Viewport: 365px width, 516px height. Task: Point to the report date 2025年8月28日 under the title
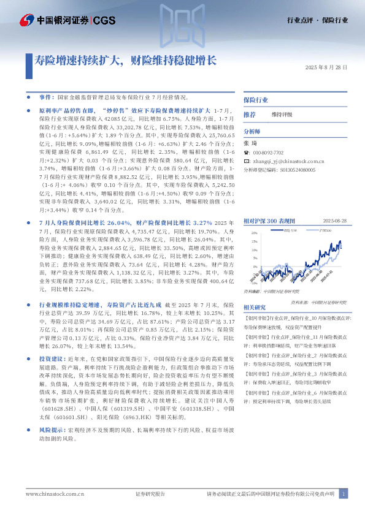coord(326,67)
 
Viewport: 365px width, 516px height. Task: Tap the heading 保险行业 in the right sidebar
coord(256,99)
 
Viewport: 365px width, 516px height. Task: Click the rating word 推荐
coord(250,115)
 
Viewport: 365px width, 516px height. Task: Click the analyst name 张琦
coord(249,143)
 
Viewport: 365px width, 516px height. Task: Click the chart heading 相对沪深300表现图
coord(269,220)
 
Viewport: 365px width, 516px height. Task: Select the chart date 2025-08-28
coord(335,220)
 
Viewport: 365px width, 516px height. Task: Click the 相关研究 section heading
coord(255,307)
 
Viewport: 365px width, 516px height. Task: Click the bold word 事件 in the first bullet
coord(46,97)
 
